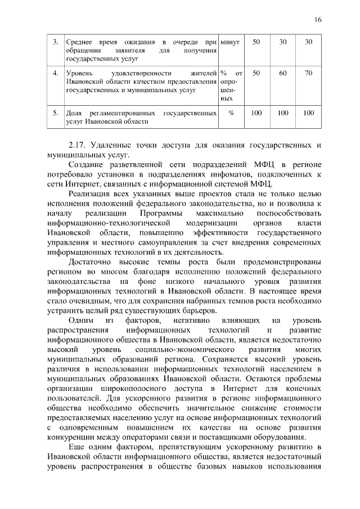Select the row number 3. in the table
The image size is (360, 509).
pos(55,42)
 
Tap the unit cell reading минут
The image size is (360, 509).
pos(231,42)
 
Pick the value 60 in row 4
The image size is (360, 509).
pos(283,73)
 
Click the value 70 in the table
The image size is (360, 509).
pos(308,73)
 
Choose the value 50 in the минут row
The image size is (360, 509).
pos(256,42)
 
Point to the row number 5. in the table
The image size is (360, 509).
pos(55,113)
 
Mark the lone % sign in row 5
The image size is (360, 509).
pos(231,113)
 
